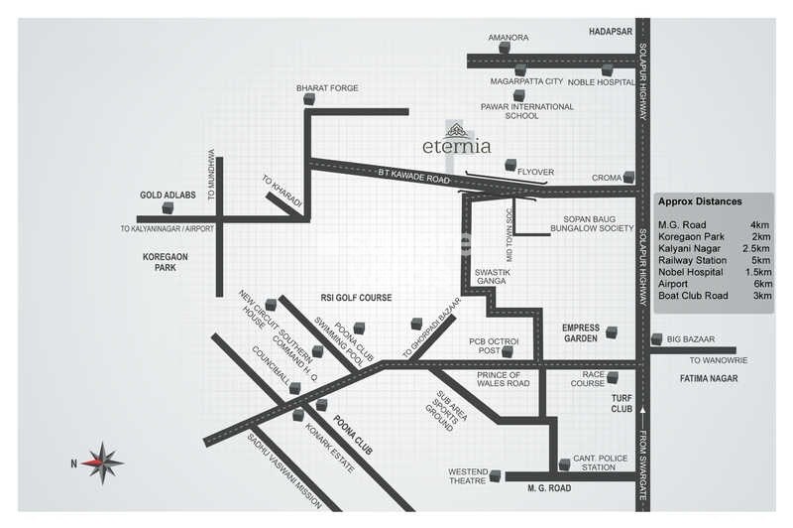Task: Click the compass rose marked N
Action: tap(101, 462)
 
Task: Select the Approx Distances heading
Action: tap(700, 201)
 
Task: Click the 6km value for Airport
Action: tap(762, 283)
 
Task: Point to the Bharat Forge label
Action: tap(327, 88)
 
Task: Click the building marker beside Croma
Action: tap(629, 178)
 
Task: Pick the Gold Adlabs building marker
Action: tap(169, 207)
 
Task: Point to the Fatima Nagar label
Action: tap(706, 378)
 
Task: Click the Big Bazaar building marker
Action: tap(656, 339)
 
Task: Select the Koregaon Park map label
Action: tap(166, 262)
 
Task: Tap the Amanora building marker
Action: tap(505, 47)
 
